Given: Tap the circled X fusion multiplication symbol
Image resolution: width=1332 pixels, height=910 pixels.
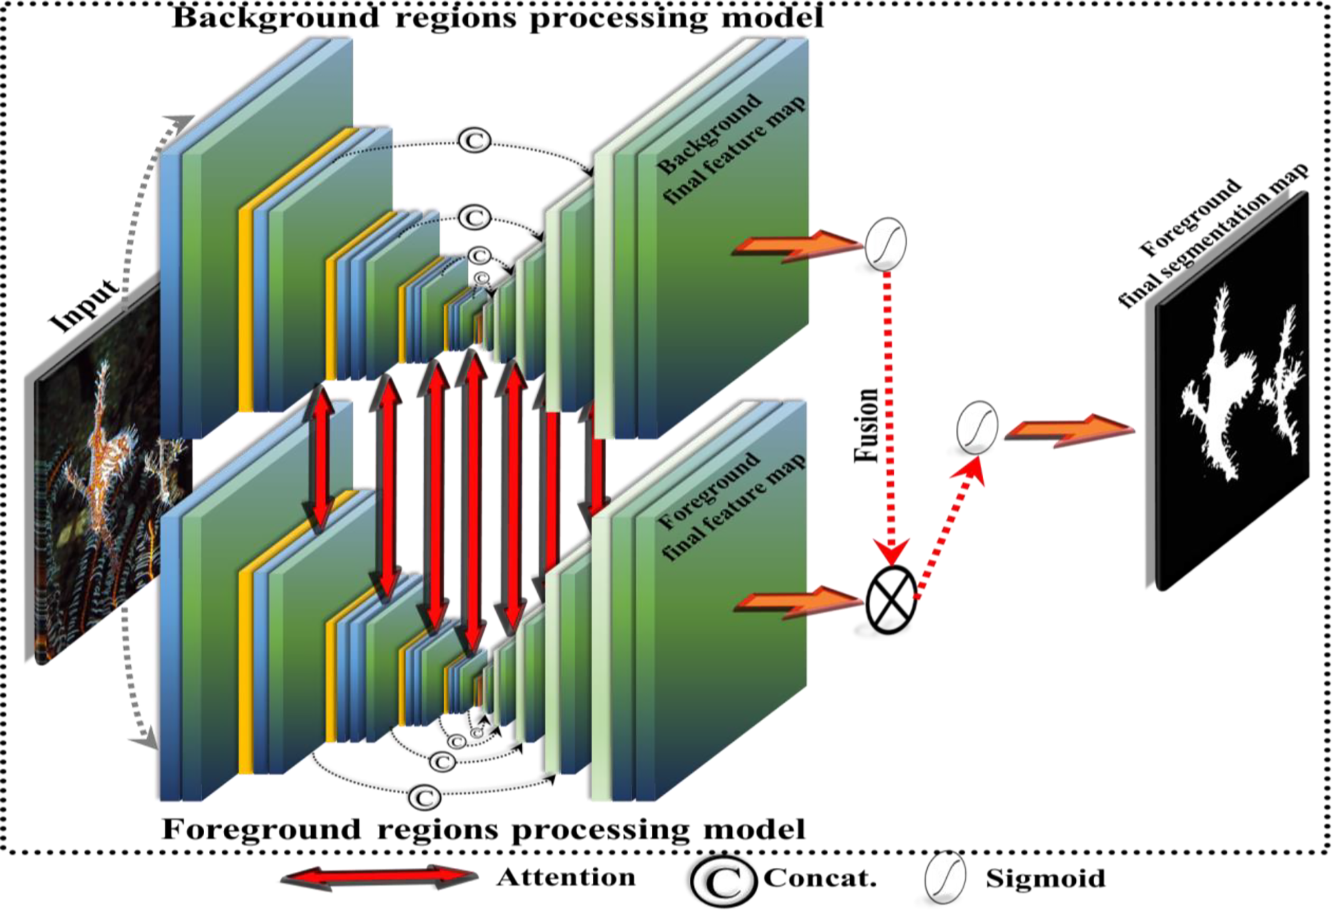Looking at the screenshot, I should pos(891,600).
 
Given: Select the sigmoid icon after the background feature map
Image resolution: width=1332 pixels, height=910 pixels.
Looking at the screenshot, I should pos(885,244).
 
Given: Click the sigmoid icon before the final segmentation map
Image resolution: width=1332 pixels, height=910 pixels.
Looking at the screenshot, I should pos(977,427).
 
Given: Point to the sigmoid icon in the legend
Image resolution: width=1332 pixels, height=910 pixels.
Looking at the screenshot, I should pos(944,877).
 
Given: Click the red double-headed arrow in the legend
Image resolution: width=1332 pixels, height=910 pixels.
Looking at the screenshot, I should pos(379,877).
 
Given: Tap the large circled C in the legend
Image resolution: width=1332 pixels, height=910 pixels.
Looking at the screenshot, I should pos(723,880).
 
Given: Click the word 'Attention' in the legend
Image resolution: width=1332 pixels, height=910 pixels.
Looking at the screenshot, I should pos(566,877).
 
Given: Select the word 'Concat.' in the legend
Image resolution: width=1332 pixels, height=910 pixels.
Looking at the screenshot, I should pos(820,878).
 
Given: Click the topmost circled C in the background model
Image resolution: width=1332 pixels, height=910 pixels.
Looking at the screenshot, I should pos(474,141).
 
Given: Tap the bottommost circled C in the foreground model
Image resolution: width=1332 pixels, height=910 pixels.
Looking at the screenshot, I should pos(425,798).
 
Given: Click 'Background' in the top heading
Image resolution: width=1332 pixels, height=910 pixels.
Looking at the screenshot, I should pos(275,17).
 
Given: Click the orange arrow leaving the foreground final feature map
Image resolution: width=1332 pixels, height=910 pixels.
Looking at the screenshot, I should pos(798,602).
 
